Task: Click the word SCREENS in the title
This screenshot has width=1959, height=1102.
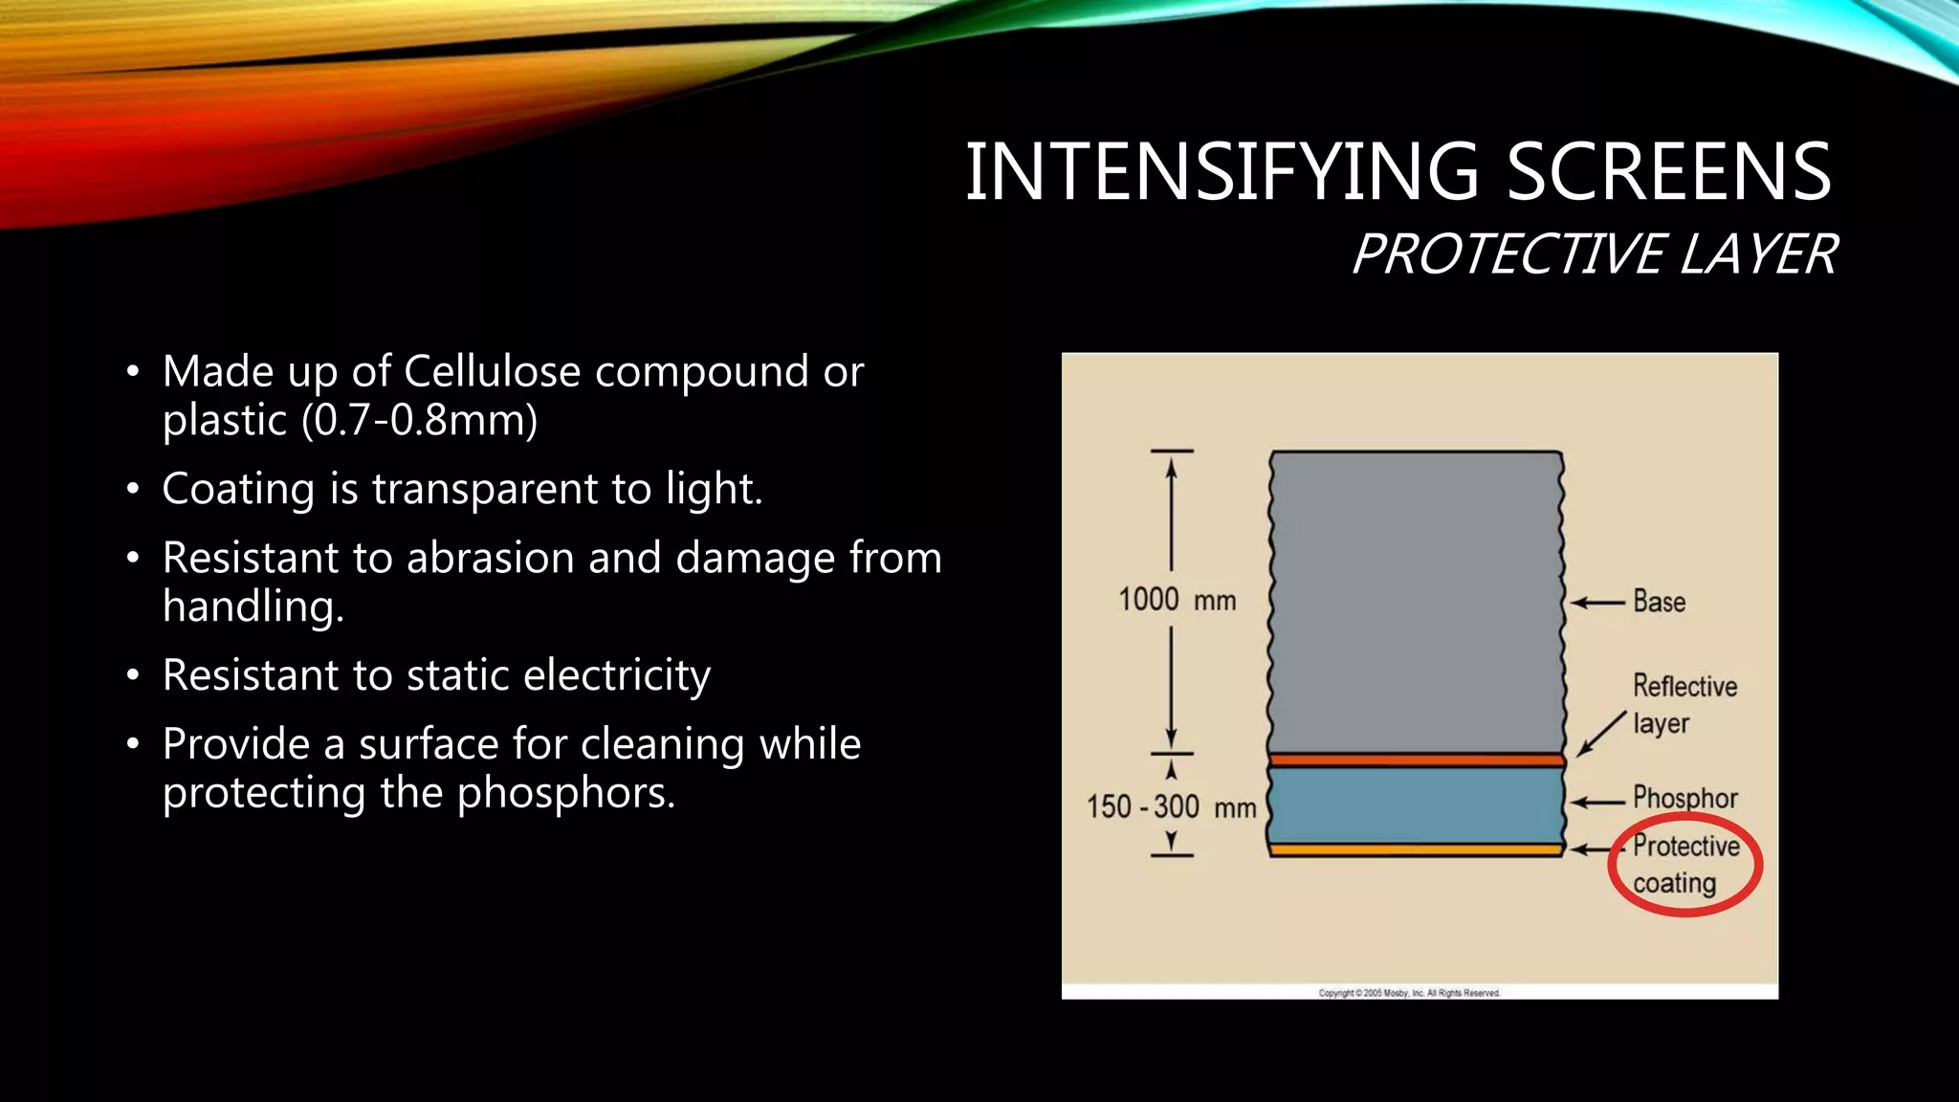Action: pyautogui.click(x=1668, y=172)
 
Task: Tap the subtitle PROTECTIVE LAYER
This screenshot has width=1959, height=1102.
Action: pyautogui.click(x=1594, y=254)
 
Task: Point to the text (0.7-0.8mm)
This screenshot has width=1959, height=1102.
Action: pyautogui.click(x=419, y=420)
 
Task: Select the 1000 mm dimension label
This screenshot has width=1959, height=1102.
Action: pyautogui.click(x=1177, y=600)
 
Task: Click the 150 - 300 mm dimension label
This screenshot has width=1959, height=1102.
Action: pyautogui.click(x=1171, y=807)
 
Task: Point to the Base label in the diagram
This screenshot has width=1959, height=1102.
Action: pyautogui.click(x=1659, y=602)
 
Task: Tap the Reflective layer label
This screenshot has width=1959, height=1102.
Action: pyautogui.click(x=1684, y=704)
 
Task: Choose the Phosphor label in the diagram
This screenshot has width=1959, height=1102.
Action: pyautogui.click(x=1684, y=797)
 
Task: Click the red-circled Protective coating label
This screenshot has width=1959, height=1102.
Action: pyautogui.click(x=1684, y=864)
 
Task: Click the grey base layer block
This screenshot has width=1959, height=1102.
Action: pyautogui.click(x=1416, y=603)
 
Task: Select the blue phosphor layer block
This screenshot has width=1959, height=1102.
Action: pyautogui.click(x=1416, y=805)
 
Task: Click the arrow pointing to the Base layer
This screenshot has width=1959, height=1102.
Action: pyautogui.click(x=1597, y=603)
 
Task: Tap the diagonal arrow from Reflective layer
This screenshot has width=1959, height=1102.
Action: pyautogui.click(x=1601, y=734)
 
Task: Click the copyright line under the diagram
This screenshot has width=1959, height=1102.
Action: pyautogui.click(x=1409, y=993)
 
